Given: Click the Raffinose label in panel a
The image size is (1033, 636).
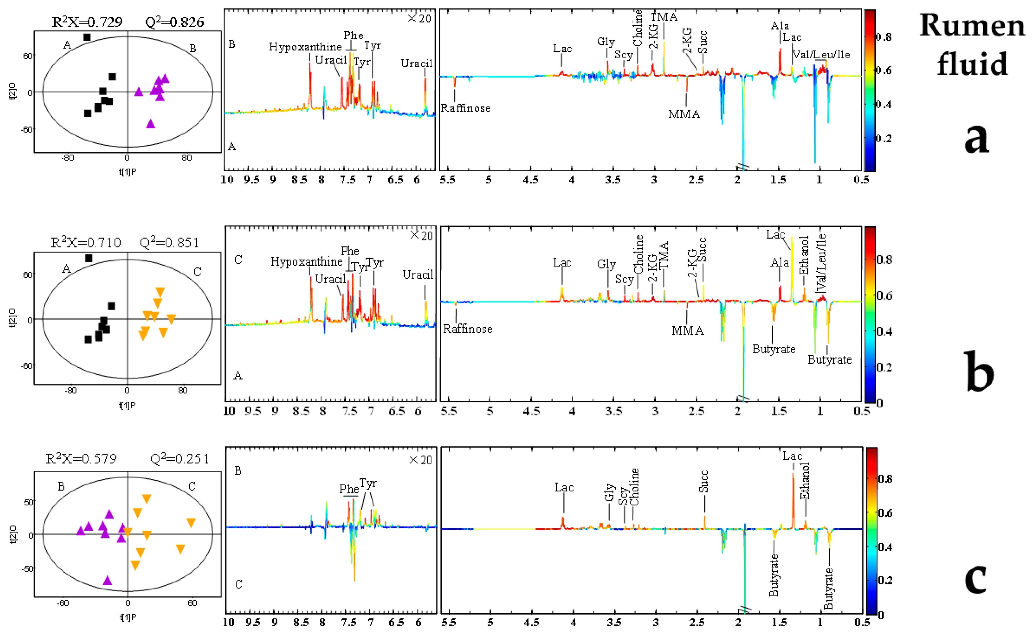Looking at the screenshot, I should pos(465,108).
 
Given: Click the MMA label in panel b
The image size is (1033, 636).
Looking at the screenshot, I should pos(687,331).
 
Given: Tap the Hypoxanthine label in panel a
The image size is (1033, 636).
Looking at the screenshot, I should pos(305,47).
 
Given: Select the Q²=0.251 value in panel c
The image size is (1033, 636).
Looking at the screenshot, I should pos(180,459).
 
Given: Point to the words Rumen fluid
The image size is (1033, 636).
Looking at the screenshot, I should pos(972,44).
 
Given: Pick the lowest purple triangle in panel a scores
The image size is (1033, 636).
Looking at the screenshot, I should pos(150,124).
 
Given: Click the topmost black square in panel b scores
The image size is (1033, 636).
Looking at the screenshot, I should pos(89,258).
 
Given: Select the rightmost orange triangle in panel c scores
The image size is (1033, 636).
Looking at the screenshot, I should pos(191,523).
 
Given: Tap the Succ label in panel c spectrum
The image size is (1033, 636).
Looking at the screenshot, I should pos(703,481).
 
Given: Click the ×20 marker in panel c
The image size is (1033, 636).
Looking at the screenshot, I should pos(421,460).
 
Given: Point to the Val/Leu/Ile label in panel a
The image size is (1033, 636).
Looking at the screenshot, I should pos(821,55).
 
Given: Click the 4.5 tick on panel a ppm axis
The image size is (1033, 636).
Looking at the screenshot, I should pos(530,180).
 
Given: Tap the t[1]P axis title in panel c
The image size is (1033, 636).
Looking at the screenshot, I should pos(128,617).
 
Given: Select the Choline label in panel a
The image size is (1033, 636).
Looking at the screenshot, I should pos(638,28).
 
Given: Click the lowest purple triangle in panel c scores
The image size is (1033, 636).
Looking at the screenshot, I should pos(107,580).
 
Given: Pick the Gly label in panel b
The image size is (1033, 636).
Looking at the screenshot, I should pos(606,264).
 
